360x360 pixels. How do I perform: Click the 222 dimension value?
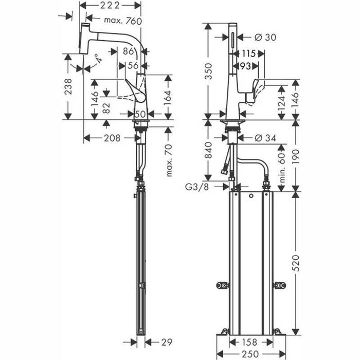point(110,6)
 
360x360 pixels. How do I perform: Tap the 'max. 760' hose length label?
point(118,20)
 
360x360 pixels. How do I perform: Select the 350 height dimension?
point(208,72)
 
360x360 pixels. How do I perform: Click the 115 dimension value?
point(249,53)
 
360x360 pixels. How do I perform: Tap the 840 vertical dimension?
point(208,150)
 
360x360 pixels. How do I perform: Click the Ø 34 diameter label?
point(265,137)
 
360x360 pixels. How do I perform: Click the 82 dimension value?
point(106,107)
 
